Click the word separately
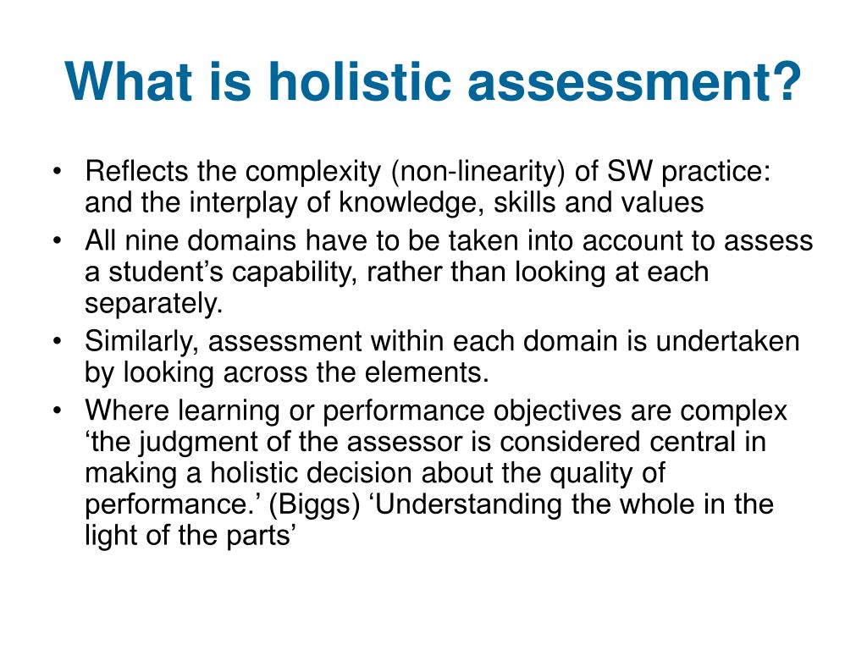pyautogui.click(x=154, y=304)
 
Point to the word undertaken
pyautogui.click(x=727, y=341)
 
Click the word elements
pyautogui.click(x=427, y=372)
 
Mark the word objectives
pyautogui.click(x=557, y=411)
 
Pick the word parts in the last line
pyautogui.click(x=261, y=536)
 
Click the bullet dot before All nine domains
pyautogui.click(x=57, y=241)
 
